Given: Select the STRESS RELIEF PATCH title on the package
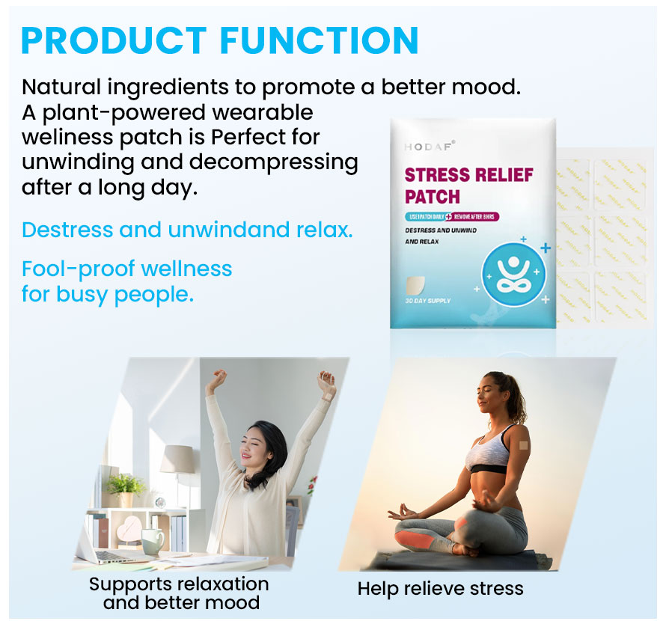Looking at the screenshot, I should point(468,186).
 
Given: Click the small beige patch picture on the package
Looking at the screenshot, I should point(415,284).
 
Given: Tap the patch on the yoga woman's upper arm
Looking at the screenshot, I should point(524,444).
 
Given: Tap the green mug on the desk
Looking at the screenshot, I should point(152,540).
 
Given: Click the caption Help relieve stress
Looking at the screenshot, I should point(440,588).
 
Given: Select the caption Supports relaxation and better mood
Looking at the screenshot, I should point(178,593).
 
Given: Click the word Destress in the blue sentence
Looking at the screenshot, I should point(66,230).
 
